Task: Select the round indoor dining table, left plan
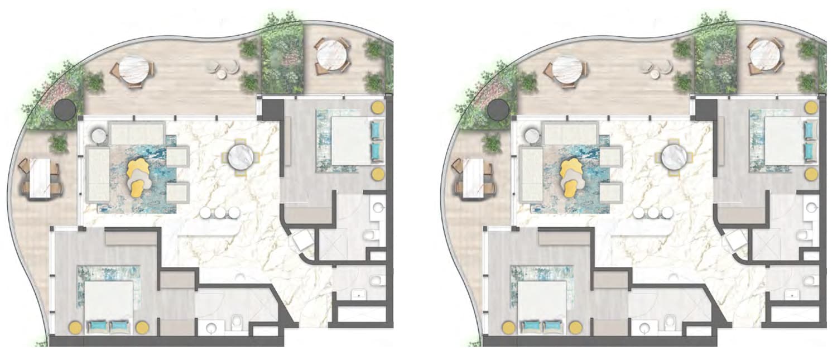point(240,156)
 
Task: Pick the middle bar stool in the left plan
point(220,213)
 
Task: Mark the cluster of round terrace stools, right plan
point(656,69)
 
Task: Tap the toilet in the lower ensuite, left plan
point(236,321)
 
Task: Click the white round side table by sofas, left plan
point(98,136)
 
